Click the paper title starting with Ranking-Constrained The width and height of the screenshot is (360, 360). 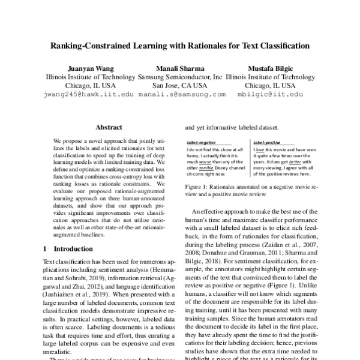point(179,45)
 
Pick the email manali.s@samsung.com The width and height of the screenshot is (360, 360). point(180,94)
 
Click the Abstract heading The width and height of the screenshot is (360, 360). point(109,127)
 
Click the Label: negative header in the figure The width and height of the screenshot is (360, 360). point(202,141)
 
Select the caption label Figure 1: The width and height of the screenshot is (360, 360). point(197,187)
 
